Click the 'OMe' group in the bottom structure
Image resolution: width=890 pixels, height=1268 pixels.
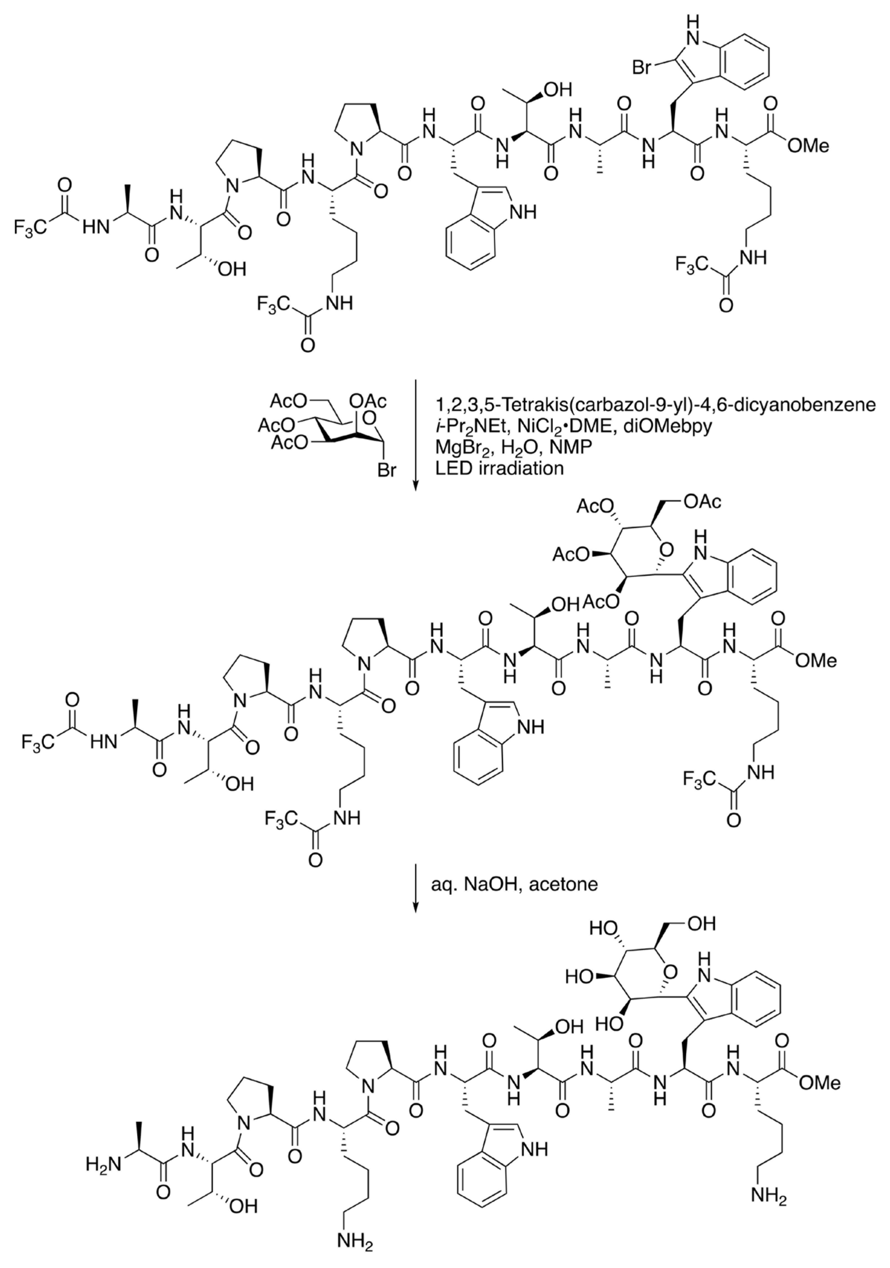pyautogui.click(x=819, y=1082)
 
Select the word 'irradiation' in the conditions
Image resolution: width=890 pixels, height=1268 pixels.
pyautogui.click(x=519, y=468)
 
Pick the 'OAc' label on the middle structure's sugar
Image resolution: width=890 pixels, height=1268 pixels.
pyautogui.click(x=702, y=501)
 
